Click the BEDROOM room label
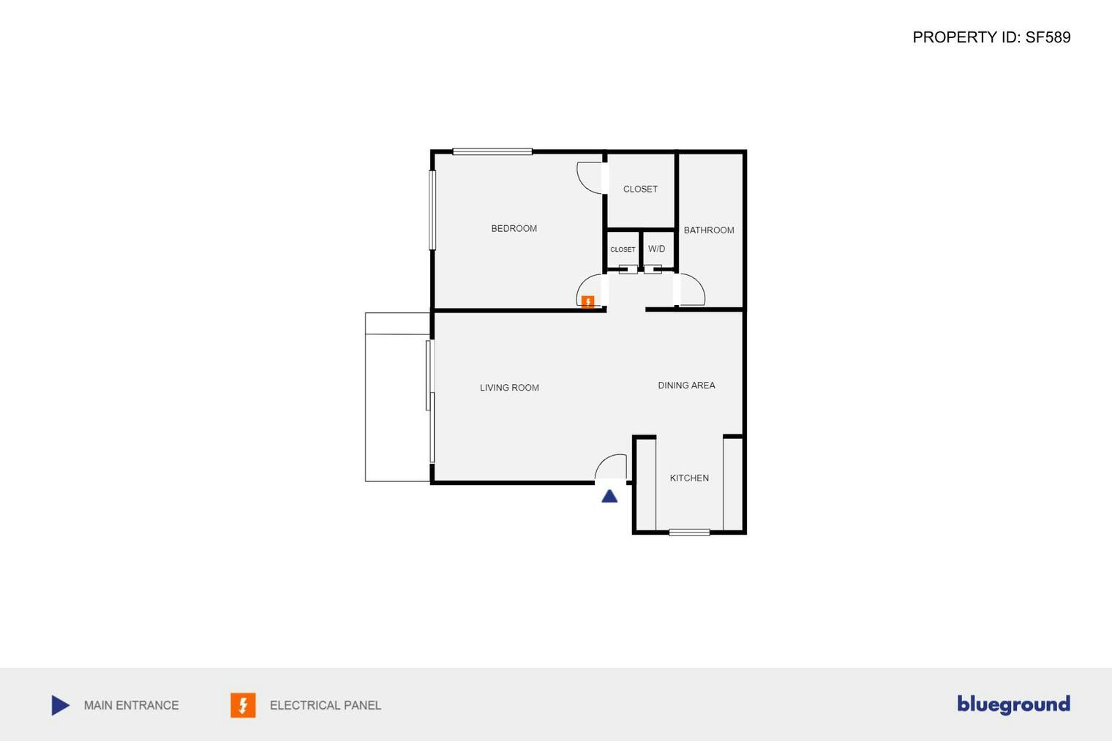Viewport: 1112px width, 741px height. tap(514, 228)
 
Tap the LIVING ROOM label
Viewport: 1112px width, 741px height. tap(509, 388)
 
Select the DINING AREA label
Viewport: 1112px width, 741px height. tap(686, 385)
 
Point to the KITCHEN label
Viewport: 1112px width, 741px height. tap(689, 478)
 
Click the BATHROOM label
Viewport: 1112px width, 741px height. tap(709, 230)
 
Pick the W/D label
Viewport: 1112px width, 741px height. tap(656, 249)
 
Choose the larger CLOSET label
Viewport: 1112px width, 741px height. tap(640, 189)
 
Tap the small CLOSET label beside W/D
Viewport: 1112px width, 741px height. tap(623, 249)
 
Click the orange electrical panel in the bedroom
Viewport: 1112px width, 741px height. tap(587, 302)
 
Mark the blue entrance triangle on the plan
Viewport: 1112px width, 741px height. tap(609, 497)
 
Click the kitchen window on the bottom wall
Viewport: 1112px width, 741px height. tap(689, 533)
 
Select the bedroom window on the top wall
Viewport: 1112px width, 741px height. tap(492, 151)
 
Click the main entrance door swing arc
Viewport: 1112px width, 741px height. tap(612, 465)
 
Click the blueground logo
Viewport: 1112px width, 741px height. tap(1013, 704)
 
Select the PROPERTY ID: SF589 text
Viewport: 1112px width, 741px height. tap(991, 37)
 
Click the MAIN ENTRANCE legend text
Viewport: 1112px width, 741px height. tap(131, 705)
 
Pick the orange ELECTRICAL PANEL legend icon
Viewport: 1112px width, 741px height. tap(243, 705)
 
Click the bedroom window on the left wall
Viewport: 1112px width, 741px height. tap(432, 210)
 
